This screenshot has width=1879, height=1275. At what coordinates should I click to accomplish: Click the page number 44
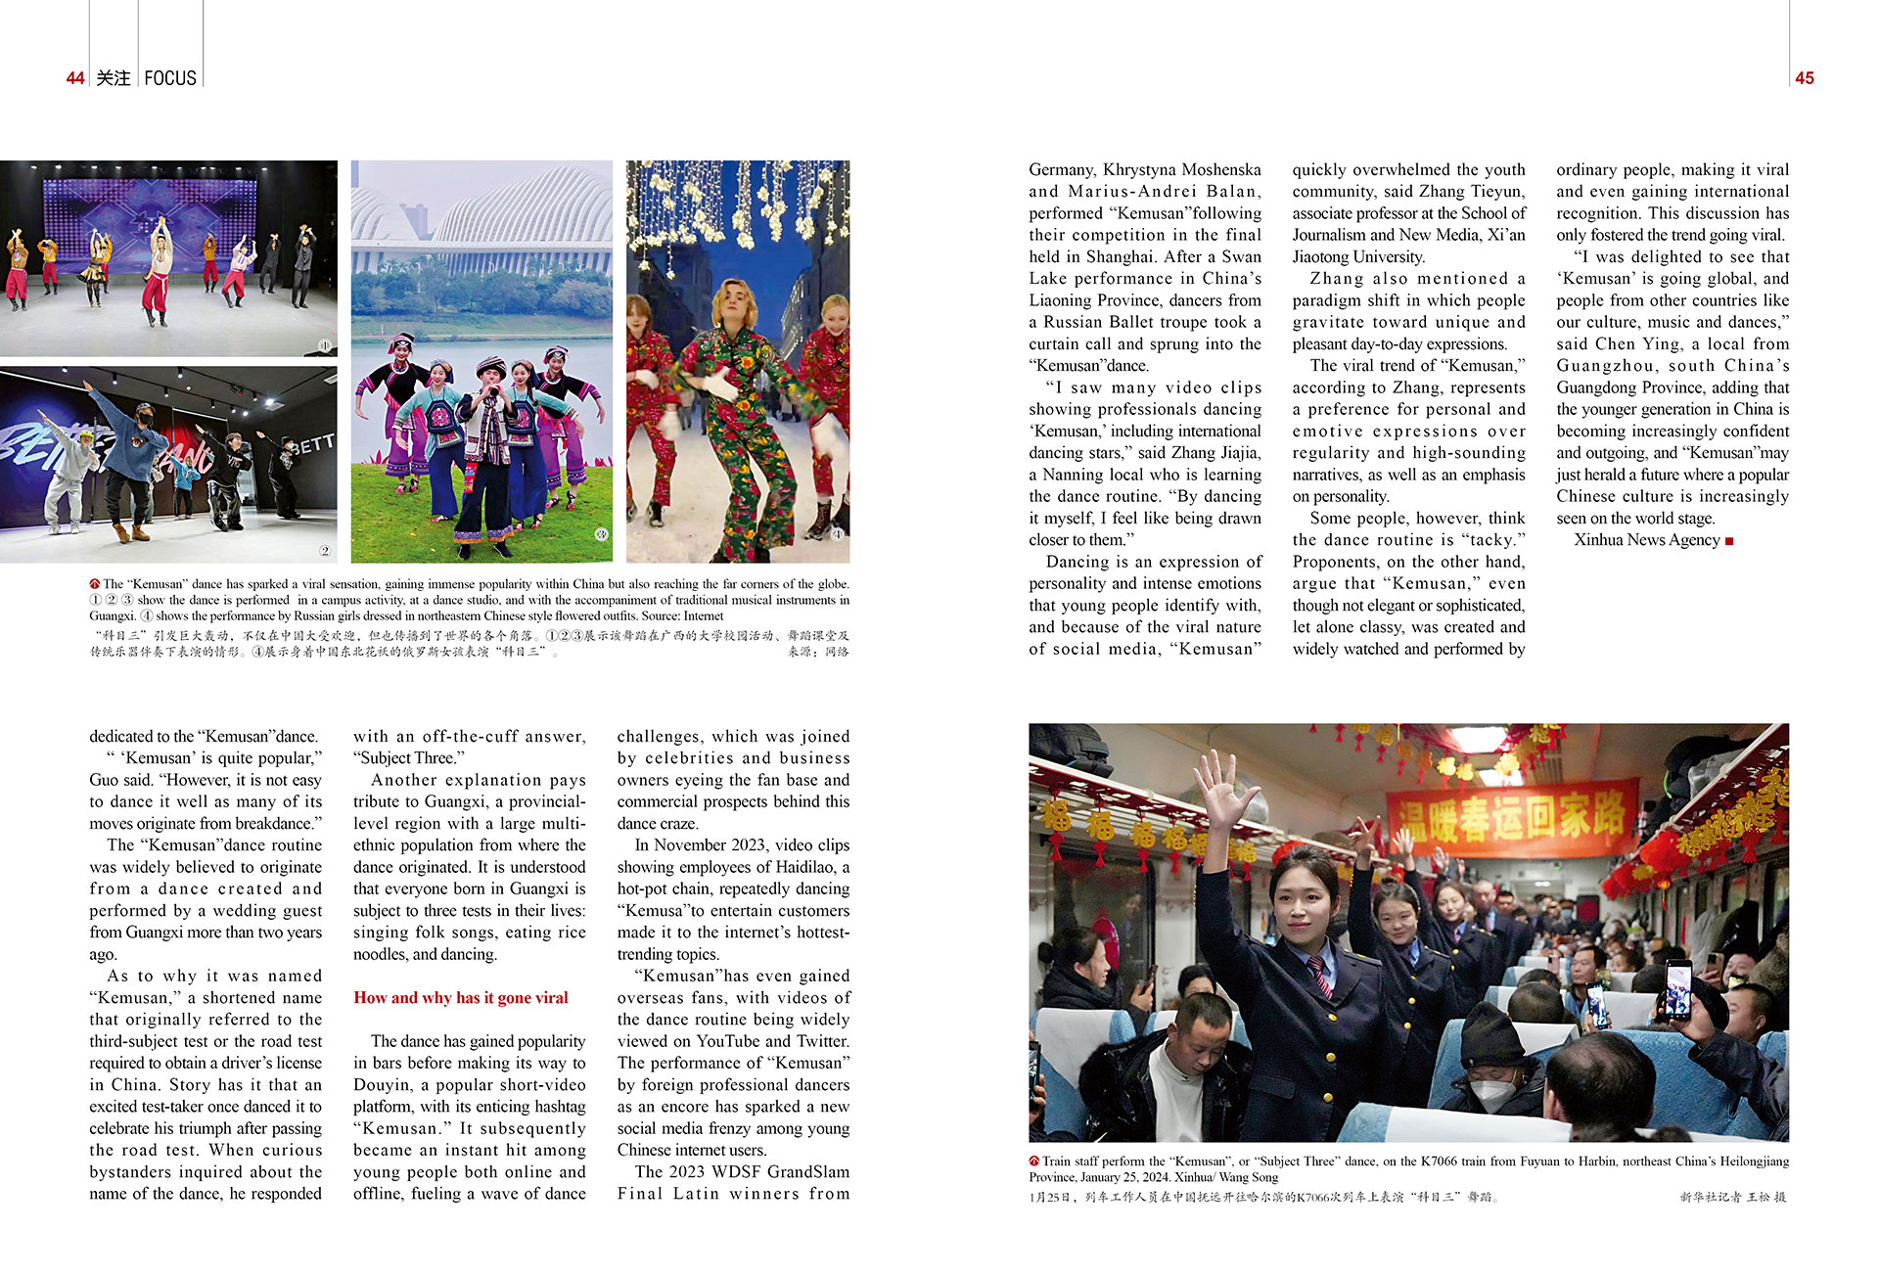[75, 78]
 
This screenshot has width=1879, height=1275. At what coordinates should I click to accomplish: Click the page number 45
[1805, 78]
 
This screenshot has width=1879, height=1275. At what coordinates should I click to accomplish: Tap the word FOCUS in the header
[170, 78]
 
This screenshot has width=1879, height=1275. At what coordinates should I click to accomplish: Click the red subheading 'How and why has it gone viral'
[460, 998]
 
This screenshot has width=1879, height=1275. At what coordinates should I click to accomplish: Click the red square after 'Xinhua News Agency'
[1729, 541]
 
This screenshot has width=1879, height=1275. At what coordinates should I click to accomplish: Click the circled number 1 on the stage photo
[325, 345]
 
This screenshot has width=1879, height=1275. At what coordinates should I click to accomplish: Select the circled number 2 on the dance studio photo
[325, 551]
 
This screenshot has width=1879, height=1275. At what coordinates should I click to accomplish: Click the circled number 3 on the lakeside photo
[601, 534]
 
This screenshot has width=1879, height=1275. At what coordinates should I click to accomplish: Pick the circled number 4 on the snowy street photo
[838, 534]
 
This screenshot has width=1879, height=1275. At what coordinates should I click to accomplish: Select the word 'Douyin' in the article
[383, 1085]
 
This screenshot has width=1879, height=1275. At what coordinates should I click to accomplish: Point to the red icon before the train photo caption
[1034, 1161]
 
